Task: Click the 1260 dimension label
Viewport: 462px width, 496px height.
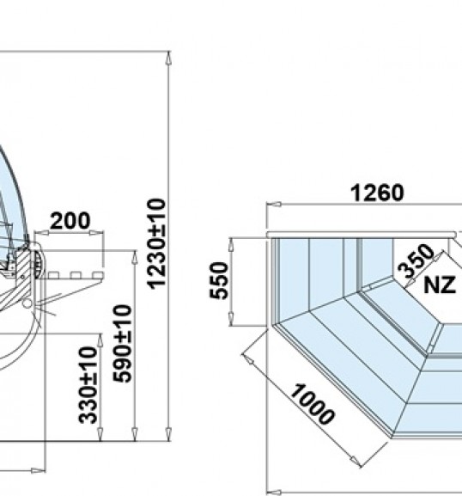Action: (x=377, y=193)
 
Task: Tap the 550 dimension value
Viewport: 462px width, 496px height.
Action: (x=219, y=280)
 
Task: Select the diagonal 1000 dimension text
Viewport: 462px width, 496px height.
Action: (x=313, y=404)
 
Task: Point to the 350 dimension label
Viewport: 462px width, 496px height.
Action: (x=416, y=261)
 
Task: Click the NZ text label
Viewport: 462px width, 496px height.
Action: (x=440, y=285)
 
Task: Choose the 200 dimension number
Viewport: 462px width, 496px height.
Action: (x=70, y=220)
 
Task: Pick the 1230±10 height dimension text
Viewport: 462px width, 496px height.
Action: (x=157, y=243)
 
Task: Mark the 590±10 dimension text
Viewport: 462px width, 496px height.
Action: (x=123, y=344)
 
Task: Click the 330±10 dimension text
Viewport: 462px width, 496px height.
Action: (x=88, y=385)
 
